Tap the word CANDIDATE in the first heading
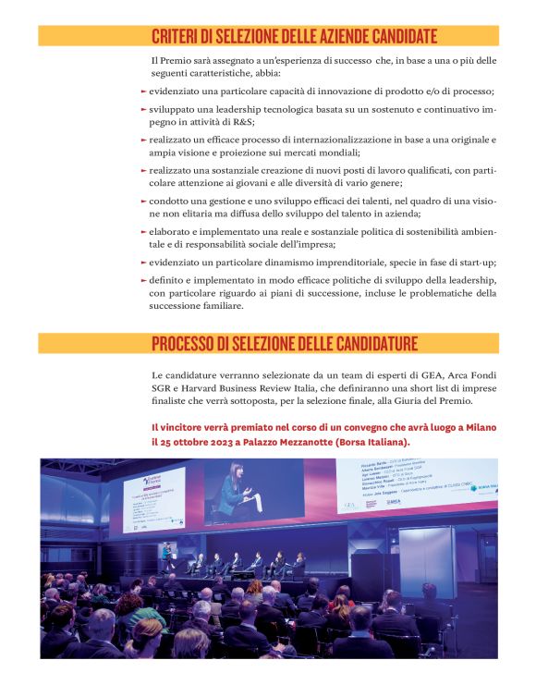pyautogui.click(x=391, y=37)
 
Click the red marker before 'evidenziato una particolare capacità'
pyautogui.click(x=143, y=92)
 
